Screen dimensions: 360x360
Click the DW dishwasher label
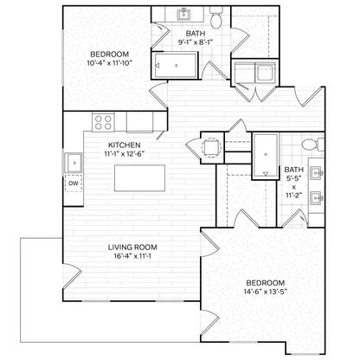[x=74, y=183]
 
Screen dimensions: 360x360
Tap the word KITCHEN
[x=125, y=145]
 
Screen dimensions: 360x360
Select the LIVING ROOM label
[x=132, y=247]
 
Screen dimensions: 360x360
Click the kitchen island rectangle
[x=140, y=178]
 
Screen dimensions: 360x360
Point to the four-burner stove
[x=103, y=122]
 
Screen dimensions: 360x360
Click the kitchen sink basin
[x=74, y=163]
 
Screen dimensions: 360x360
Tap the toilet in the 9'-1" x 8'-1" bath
[x=215, y=18]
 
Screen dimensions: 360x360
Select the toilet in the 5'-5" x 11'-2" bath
[x=312, y=145]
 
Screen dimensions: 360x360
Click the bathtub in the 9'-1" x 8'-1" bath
[x=175, y=65]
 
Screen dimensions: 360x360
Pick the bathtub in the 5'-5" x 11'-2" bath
[x=266, y=156]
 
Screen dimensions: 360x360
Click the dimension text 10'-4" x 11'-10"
[x=110, y=63]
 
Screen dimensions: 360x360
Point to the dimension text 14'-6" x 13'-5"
[x=266, y=292]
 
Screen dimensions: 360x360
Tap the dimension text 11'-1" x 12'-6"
[x=125, y=154]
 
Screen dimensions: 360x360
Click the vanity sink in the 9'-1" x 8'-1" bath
[x=183, y=14]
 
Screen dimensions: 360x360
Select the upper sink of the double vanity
[x=316, y=173]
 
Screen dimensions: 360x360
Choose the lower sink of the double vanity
[x=316, y=198]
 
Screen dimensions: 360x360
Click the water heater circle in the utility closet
[x=212, y=147]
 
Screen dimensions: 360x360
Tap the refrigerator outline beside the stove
[x=139, y=122]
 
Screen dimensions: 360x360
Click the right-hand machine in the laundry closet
[x=267, y=73]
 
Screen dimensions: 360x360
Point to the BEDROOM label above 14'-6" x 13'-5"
[x=266, y=283]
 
